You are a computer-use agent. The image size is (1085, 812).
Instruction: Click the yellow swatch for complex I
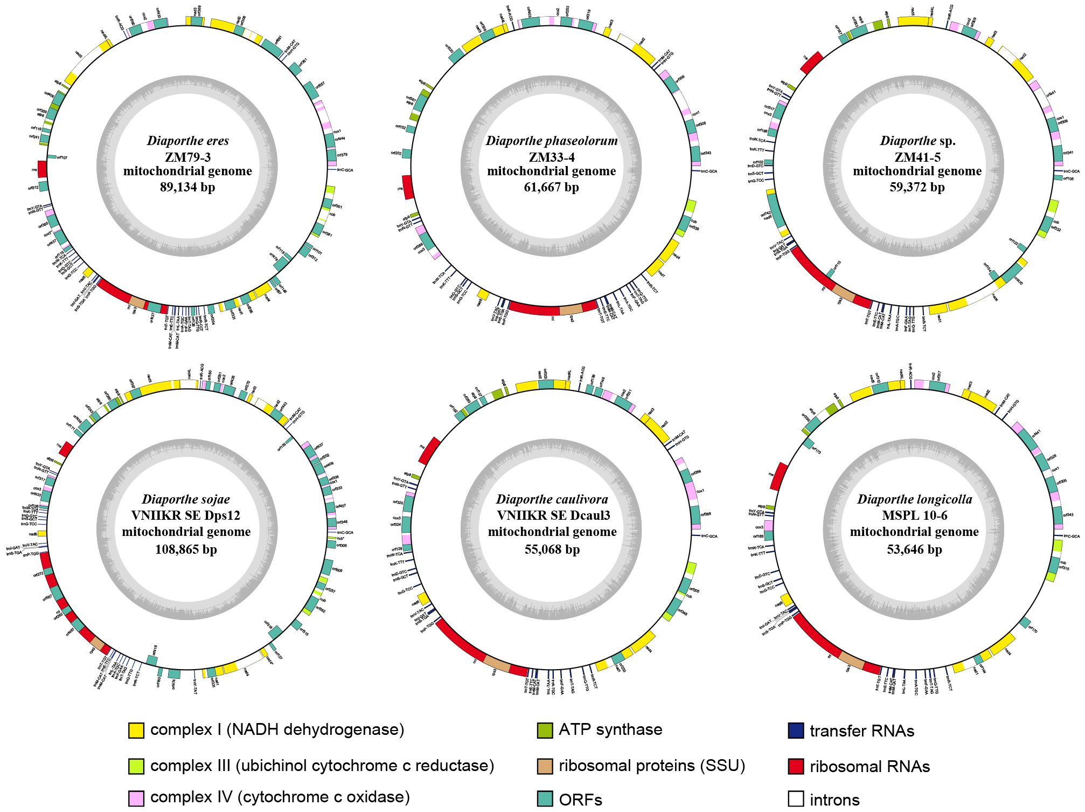click(x=136, y=731)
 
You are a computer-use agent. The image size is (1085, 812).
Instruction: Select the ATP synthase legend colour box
click(x=545, y=731)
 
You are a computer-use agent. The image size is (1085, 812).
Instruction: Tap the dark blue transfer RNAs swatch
click(x=796, y=731)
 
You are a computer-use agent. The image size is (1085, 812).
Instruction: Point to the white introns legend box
click(x=796, y=799)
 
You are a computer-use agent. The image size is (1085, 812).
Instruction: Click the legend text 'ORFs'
click(x=580, y=800)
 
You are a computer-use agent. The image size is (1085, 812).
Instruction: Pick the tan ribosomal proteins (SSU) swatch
click(x=545, y=766)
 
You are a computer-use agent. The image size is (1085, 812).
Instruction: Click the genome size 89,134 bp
click(x=187, y=187)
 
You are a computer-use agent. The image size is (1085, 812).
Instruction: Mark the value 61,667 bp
click(x=551, y=187)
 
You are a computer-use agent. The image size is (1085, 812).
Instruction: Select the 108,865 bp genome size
click(x=186, y=549)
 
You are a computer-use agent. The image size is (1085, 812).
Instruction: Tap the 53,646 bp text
click(x=914, y=549)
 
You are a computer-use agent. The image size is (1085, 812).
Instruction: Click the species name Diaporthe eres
click(x=187, y=141)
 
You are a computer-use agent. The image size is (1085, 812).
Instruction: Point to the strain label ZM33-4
click(x=551, y=157)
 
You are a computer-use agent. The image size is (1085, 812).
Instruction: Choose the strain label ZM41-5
click(x=917, y=157)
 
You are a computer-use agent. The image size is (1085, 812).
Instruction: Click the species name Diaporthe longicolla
click(x=914, y=499)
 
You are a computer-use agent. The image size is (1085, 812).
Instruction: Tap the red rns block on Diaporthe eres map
click(x=42, y=169)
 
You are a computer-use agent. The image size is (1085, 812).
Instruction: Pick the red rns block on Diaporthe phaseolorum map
click(x=408, y=187)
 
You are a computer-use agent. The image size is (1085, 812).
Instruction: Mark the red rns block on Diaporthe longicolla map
click(x=779, y=476)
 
